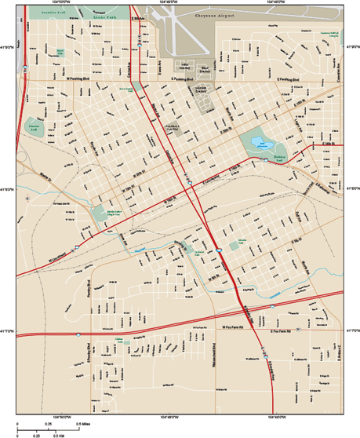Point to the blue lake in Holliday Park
click(280, 144)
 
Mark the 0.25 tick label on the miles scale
click(49, 423)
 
